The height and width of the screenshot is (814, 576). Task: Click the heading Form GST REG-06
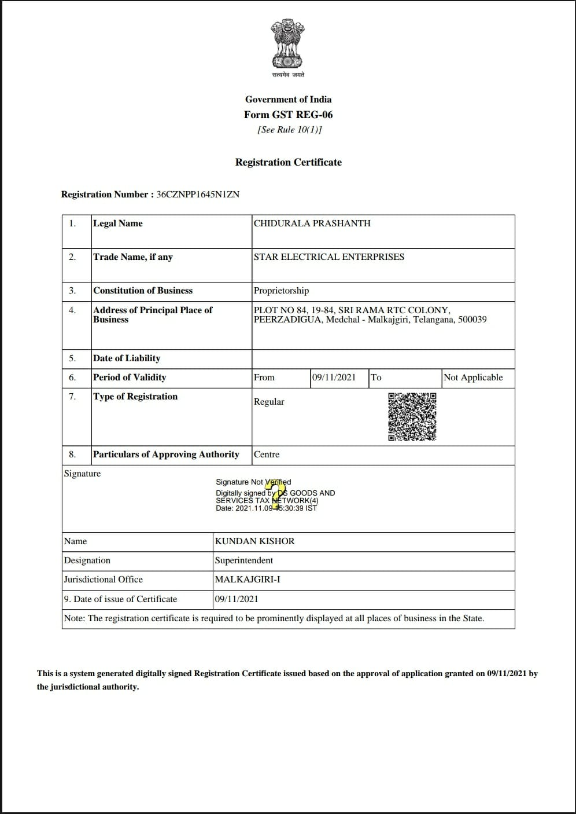pos(288,115)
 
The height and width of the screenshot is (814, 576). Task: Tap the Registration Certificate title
pos(288,162)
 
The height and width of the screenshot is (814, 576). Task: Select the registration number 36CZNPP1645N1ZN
pos(198,195)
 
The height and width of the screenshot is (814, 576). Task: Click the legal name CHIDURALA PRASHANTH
pos(312,223)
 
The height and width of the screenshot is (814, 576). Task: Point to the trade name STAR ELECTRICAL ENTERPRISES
pos(328,257)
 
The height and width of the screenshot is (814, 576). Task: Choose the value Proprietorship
pos(281,291)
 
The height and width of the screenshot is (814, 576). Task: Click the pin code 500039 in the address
pos(472,320)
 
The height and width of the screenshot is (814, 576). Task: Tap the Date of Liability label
pos(127,358)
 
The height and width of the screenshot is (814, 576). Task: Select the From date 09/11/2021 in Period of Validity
pos(334,377)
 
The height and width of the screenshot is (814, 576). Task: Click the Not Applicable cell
pos(473,377)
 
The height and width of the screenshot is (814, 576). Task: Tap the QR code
pos(412,417)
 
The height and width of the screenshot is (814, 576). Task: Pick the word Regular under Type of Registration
pos(269,402)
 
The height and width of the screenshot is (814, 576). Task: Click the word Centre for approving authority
pos(267,454)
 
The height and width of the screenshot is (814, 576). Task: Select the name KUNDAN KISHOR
pos(254,541)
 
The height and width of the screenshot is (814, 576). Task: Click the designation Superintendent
pos(243,560)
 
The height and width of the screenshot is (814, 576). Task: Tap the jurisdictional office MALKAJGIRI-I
pos(248,580)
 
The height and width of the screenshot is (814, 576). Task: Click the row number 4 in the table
pos(72,310)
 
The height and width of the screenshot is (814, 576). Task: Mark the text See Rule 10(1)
pos(289,130)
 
